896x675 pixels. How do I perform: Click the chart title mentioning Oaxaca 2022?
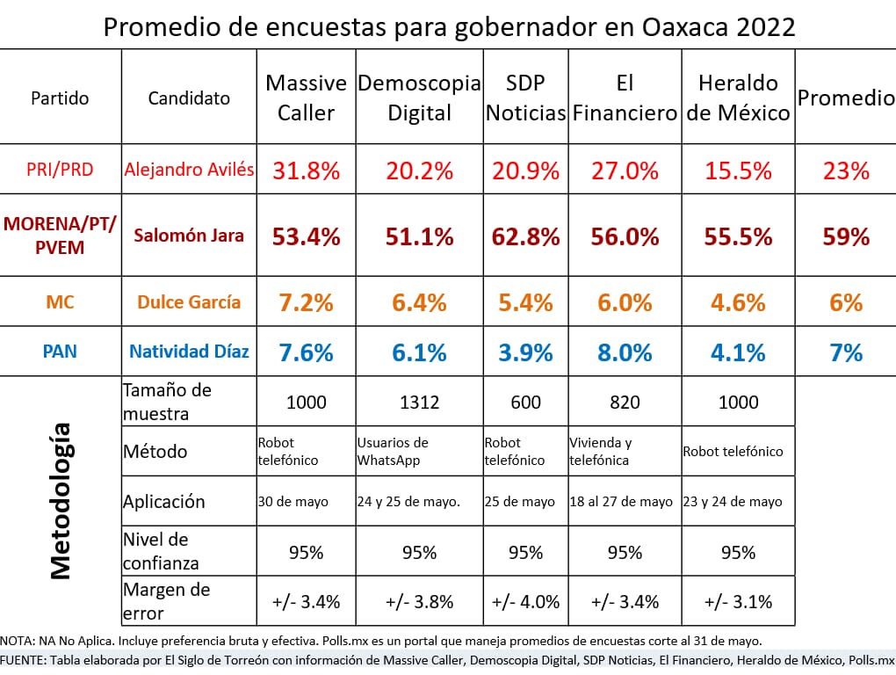click(449, 26)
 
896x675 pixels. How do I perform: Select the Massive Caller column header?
click(306, 98)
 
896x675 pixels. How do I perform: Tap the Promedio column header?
click(845, 98)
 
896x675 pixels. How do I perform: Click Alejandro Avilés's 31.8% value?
click(306, 171)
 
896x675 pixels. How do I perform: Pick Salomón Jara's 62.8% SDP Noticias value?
click(524, 236)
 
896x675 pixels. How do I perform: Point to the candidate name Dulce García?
click(189, 302)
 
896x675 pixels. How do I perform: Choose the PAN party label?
click(60, 352)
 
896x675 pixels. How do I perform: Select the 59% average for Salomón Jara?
click(845, 236)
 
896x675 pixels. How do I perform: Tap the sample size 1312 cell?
click(418, 403)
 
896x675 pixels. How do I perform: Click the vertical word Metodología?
click(60, 501)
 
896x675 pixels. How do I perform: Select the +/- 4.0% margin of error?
click(524, 602)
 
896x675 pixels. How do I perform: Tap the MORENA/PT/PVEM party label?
click(60, 236)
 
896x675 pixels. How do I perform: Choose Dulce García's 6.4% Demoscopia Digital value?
click(418, 302)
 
